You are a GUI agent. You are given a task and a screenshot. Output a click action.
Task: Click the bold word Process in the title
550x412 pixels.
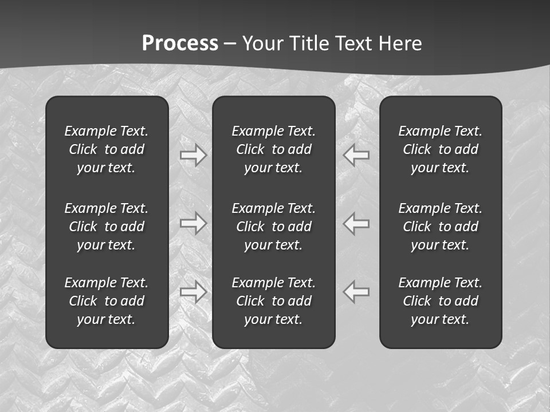click(x=180, y=43)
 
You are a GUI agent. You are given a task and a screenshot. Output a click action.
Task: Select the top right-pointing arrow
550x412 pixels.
click(x=193, y=155)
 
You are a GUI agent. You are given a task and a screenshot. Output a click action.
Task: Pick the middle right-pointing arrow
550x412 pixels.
click(x=193, y=223)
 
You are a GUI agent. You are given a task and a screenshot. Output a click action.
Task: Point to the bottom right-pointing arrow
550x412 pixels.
click(x=193, y=292)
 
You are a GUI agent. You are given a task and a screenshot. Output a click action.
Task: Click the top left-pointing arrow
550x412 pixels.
click(x=356, y=155)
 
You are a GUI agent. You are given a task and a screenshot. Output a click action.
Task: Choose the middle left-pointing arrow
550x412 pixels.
click(x=356, y=223)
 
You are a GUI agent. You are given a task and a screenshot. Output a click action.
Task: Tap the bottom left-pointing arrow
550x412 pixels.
click(x=356, y=292)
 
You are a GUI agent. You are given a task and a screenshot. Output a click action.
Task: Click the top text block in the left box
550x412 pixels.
click(x=107, y=149)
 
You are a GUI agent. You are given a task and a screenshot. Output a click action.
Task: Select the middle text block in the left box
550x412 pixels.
click(x=107, y=227)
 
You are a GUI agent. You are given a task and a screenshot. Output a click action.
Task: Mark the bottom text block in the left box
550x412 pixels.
click(x=107, y=301)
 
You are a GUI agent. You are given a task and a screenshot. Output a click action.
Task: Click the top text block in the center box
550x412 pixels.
click(x=273, y=149)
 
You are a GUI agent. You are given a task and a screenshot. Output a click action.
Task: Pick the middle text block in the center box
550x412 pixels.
click(x=273, y=227)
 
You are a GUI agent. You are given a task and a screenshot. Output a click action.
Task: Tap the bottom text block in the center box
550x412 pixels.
click(x=273, y=301)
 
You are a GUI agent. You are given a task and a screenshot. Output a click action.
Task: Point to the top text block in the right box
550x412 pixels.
click(x=440, y=149)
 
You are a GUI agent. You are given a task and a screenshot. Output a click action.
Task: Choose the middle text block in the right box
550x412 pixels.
click(x=440, y=227)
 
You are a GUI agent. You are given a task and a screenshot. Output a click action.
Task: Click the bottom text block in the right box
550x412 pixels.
click(x=440, y=301)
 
